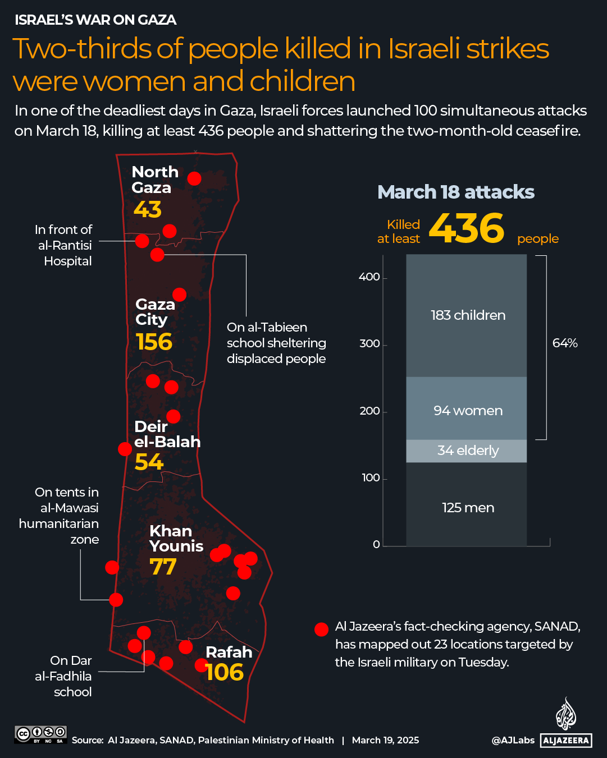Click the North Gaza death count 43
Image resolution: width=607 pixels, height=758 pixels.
click(148, 210)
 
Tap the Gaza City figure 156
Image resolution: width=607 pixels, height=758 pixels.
click(154, 342)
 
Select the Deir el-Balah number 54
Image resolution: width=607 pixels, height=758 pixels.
click(149, 462)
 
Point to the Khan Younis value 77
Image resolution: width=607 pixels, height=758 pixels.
click(163, 567)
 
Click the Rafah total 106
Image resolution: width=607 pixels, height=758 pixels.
click(225, 672)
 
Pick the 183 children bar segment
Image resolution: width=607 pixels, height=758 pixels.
click(467, 315)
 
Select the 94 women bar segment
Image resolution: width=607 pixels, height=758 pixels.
click(467, 411)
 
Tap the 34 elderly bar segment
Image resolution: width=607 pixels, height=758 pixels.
click(467, 451)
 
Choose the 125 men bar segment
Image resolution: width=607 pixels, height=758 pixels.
click(467, 508)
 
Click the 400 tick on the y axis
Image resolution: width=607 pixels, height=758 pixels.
click(369, 277)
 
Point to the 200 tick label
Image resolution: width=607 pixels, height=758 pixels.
click(369, 411)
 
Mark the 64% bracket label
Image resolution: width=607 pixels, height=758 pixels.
click(564, 343)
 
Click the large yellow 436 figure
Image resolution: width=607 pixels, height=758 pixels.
click(467, 229)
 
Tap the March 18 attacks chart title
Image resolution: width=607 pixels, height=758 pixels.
click(455, 192)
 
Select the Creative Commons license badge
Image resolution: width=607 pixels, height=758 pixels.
click(41, 734)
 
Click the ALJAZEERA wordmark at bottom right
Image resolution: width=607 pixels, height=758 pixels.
click(566, 741)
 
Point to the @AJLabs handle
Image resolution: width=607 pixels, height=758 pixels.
click(513, 741)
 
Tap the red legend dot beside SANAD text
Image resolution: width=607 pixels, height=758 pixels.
click(321, 630)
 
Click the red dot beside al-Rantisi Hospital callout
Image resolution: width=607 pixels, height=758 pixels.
click(142, 241)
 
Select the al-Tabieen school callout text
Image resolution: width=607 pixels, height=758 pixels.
click(276, 343)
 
